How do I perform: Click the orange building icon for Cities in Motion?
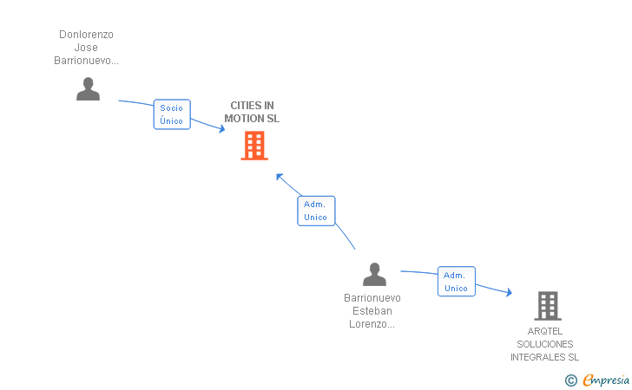254,146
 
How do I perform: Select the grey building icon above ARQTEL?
548,306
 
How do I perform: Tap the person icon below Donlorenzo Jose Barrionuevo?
88,89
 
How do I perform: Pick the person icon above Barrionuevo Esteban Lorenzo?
374,275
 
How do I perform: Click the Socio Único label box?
172,114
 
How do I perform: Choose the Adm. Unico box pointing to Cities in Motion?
316,211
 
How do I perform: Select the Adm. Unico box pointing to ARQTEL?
457,282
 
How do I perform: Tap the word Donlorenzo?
86,35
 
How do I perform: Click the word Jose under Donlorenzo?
86,48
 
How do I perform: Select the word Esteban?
372,311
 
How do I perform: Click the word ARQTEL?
545,331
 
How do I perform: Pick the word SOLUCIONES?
545,344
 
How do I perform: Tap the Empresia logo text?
605,380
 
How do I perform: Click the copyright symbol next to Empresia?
571,380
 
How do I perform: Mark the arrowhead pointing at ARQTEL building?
510,292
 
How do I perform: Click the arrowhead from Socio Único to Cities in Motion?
221,129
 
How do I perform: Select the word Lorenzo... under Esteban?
372,324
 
